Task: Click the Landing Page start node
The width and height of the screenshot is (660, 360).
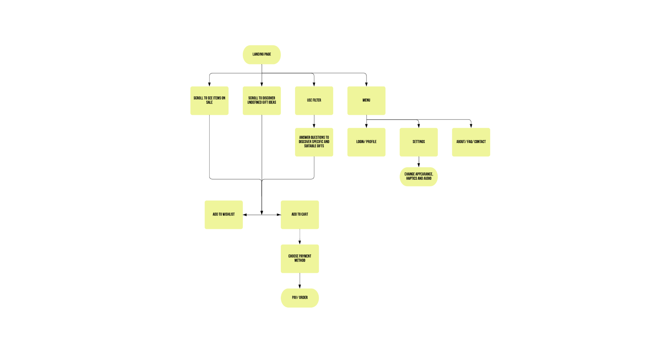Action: pyautogui.click(x=262, y=55)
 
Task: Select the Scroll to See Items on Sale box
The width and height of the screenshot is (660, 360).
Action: pyautogui.click(x=209, y=101)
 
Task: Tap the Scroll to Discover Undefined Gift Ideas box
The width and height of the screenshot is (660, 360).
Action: pyautogui.click(x=262, y=101)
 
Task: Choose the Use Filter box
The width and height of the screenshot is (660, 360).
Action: pyautogui.click(x=314, y=101)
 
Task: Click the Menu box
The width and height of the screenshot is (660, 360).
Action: pyautogui.click(x=366, y=101)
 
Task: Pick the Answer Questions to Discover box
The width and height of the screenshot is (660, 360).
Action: pyautogui.click(x=314, y=142)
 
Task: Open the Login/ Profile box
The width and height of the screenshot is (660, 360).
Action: pyautogui.click(x=366, y=142)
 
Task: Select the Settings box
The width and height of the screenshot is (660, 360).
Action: pyautogui.click(x=419, y=142)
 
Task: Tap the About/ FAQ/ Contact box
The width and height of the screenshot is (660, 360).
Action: pyautogui.click(x=471, y=142)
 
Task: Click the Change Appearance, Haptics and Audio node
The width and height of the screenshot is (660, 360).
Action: pyautogui.click(x=419, y=177)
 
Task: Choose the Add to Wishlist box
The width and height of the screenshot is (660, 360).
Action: pyautogui.click(x=224, y=215)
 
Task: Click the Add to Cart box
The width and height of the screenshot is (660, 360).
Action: pyautogui.click(x=300, y=215)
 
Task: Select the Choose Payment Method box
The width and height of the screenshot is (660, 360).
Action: pyautogui.click(x=300, y=259)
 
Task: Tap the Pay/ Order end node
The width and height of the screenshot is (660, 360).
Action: pyautogui.click(x=300, y=298)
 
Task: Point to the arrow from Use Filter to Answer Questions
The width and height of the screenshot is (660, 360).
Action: pyautogui.click(x=314, y=121)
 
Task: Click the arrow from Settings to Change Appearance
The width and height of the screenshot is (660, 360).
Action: pyautogui.click(x=419, y=162)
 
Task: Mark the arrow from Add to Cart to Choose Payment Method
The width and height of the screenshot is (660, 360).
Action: pyautogui.click(x=300, y=237)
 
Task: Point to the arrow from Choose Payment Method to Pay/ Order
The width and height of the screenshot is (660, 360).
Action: pyautogui.click(x=300, y=280)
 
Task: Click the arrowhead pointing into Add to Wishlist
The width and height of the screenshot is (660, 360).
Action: pyautogui.click(x=245, y=215)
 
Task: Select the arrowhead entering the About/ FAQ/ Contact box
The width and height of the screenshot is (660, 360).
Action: pyautogui.click(x=471, y=126)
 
